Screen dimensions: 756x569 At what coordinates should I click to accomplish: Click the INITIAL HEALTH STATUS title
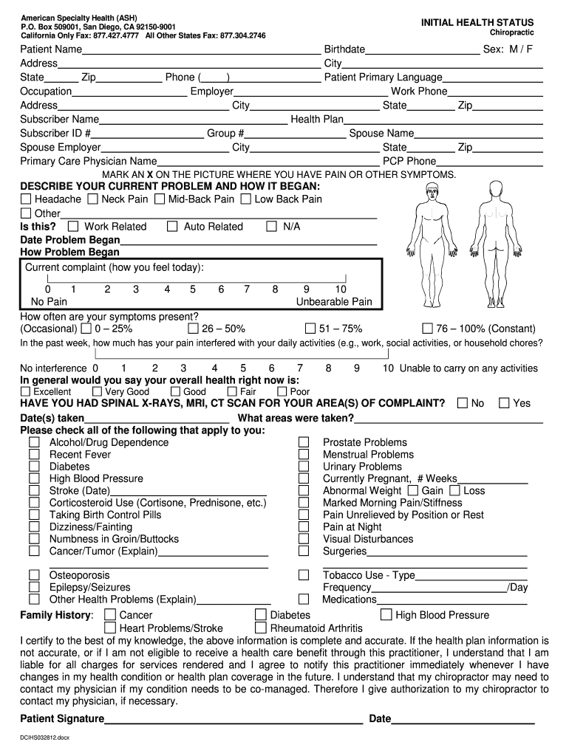tap(477, 23)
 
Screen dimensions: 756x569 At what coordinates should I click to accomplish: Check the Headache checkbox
tap(27, 199)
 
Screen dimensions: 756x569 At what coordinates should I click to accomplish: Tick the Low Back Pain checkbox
tap(246, 199)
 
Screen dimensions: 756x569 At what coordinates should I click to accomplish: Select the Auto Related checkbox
tap(172, 227)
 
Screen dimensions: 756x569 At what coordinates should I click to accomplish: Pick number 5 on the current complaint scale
tap(193, 289)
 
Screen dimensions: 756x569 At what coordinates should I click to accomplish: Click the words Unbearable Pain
tap(334, 302)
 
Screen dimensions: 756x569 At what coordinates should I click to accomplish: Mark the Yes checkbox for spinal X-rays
tap(505, 403)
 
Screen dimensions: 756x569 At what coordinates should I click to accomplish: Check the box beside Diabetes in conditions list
tap(34, 467)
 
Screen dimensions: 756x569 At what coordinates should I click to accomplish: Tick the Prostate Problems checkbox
tap(304, 442)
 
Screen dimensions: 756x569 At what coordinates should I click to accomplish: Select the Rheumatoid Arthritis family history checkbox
tap(260, 628)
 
